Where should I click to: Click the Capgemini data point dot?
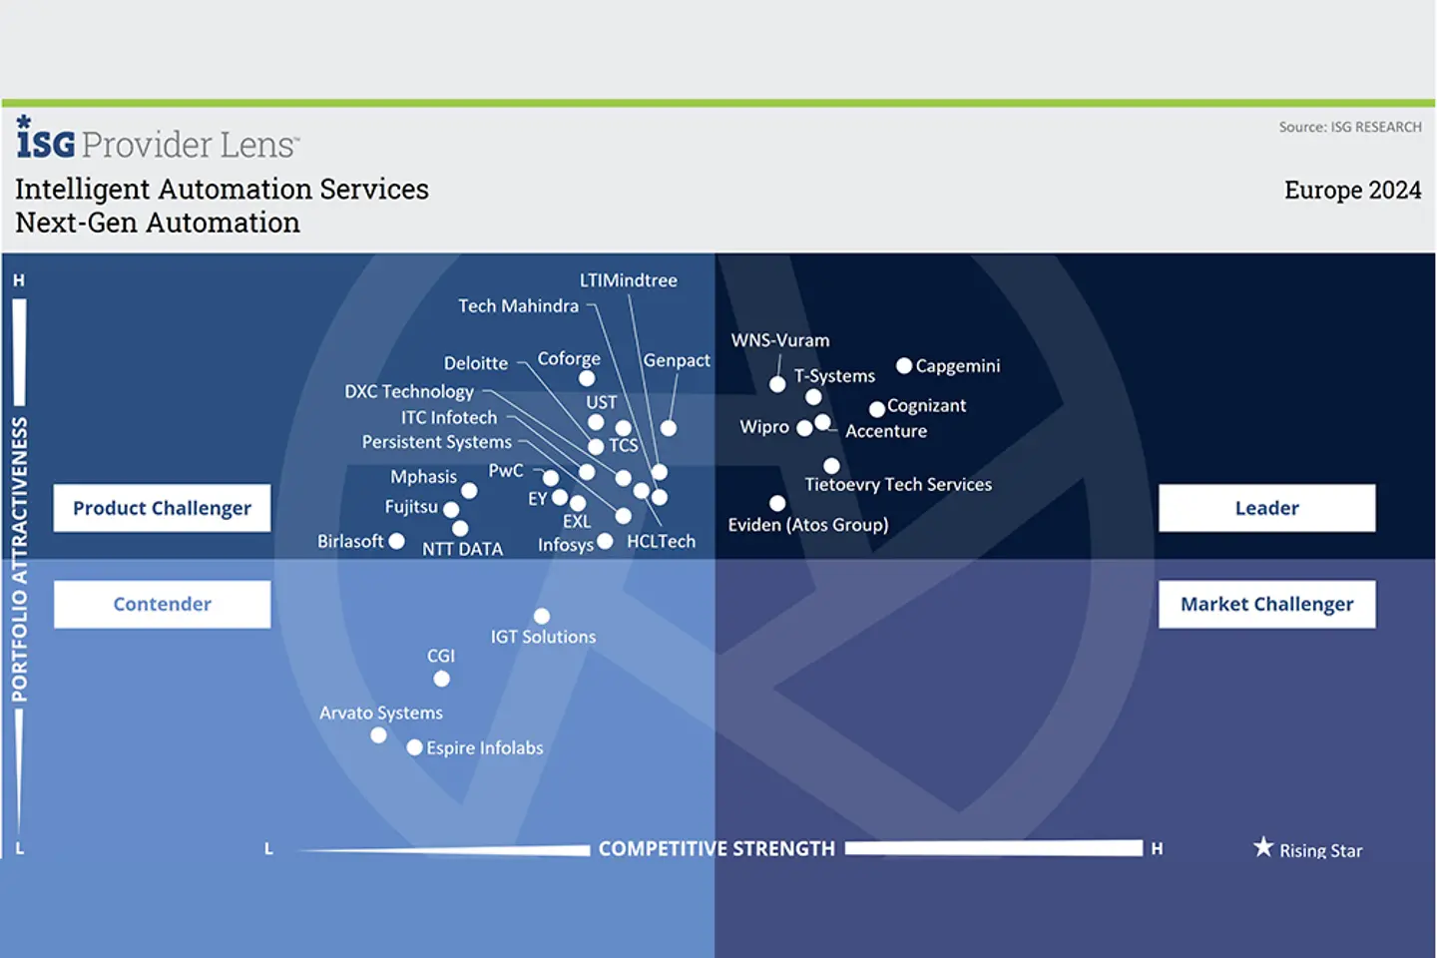[x=904, y=366]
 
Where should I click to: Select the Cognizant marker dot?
[x=877, y=408]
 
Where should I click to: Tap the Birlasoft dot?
[x=396, y=541]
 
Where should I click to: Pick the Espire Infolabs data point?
[x=414, y=747]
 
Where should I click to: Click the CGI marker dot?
[x=441, y=679]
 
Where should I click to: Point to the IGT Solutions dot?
[x=542, y=617]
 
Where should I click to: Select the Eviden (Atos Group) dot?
[x=777, y=504]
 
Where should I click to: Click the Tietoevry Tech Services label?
[x=898, y=485]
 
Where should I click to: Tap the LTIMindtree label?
[x=628, y=280]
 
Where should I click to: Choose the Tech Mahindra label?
[x=518, y=306]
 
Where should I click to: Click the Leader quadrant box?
[x=1266, y=508]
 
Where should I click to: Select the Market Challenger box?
[x=1266, y=604]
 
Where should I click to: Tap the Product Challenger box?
[x=162, y=508]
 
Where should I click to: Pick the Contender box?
[x=162, y=604]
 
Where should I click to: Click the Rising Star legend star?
[x=1263, y=847]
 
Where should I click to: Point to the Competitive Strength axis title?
[x=716, y=848]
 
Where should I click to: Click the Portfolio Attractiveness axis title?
[x=20, y=559]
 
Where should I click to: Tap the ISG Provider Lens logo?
[x=157, y=140]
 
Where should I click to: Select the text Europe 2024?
[x=1352, y=190]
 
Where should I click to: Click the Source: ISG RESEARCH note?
[x=1350, y=127]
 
